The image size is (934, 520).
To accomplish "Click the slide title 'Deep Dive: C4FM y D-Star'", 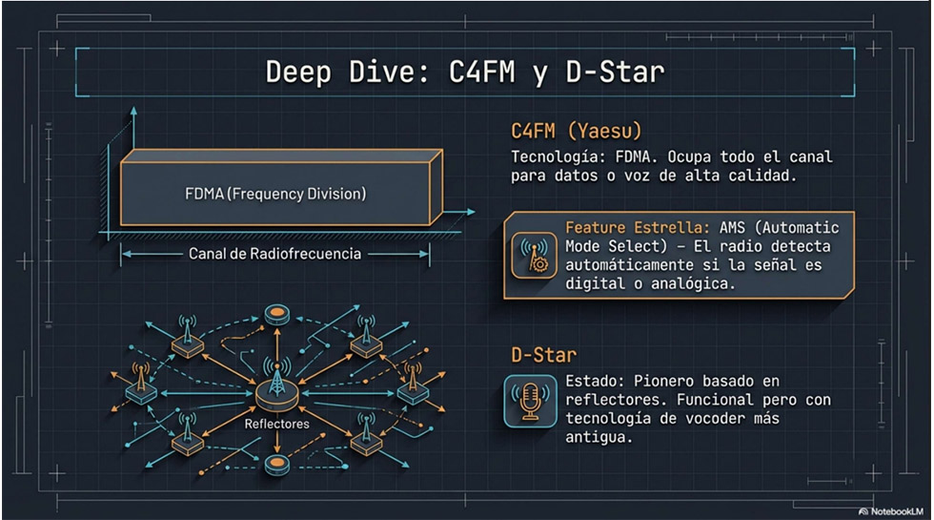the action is click(464, 73).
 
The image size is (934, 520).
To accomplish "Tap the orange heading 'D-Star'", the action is click(543, 355).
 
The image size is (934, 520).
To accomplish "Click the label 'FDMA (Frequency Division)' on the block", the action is click(274, 194).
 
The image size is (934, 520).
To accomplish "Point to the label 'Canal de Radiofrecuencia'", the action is click(274, 254).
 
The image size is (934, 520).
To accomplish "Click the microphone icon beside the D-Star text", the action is click(530, 400).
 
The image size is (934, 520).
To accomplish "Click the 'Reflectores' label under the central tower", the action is click(276, 423).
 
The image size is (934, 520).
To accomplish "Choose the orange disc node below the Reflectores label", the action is click(276, 465).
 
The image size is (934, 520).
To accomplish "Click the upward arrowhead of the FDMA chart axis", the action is click(133, 114).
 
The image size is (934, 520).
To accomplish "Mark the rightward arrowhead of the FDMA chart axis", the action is click(472, 210).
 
